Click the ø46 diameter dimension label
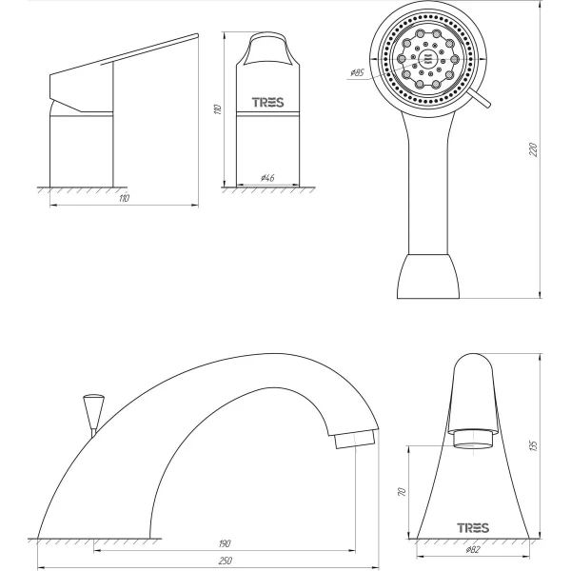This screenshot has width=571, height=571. click(267, 178)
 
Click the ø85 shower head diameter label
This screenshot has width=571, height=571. click(357, 73)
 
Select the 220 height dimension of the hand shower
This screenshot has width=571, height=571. click(533, 149)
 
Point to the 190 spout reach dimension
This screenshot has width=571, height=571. click(225, 543)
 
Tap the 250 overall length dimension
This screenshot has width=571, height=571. click(225, 561)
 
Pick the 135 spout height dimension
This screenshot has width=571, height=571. click(533, 445)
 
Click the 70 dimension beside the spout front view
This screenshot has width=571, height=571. click(402, 492)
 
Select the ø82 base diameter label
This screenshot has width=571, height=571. click(473, 550)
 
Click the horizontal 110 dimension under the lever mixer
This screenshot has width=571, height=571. click(124, 199)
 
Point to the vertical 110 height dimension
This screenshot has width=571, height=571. click(217, 109)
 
